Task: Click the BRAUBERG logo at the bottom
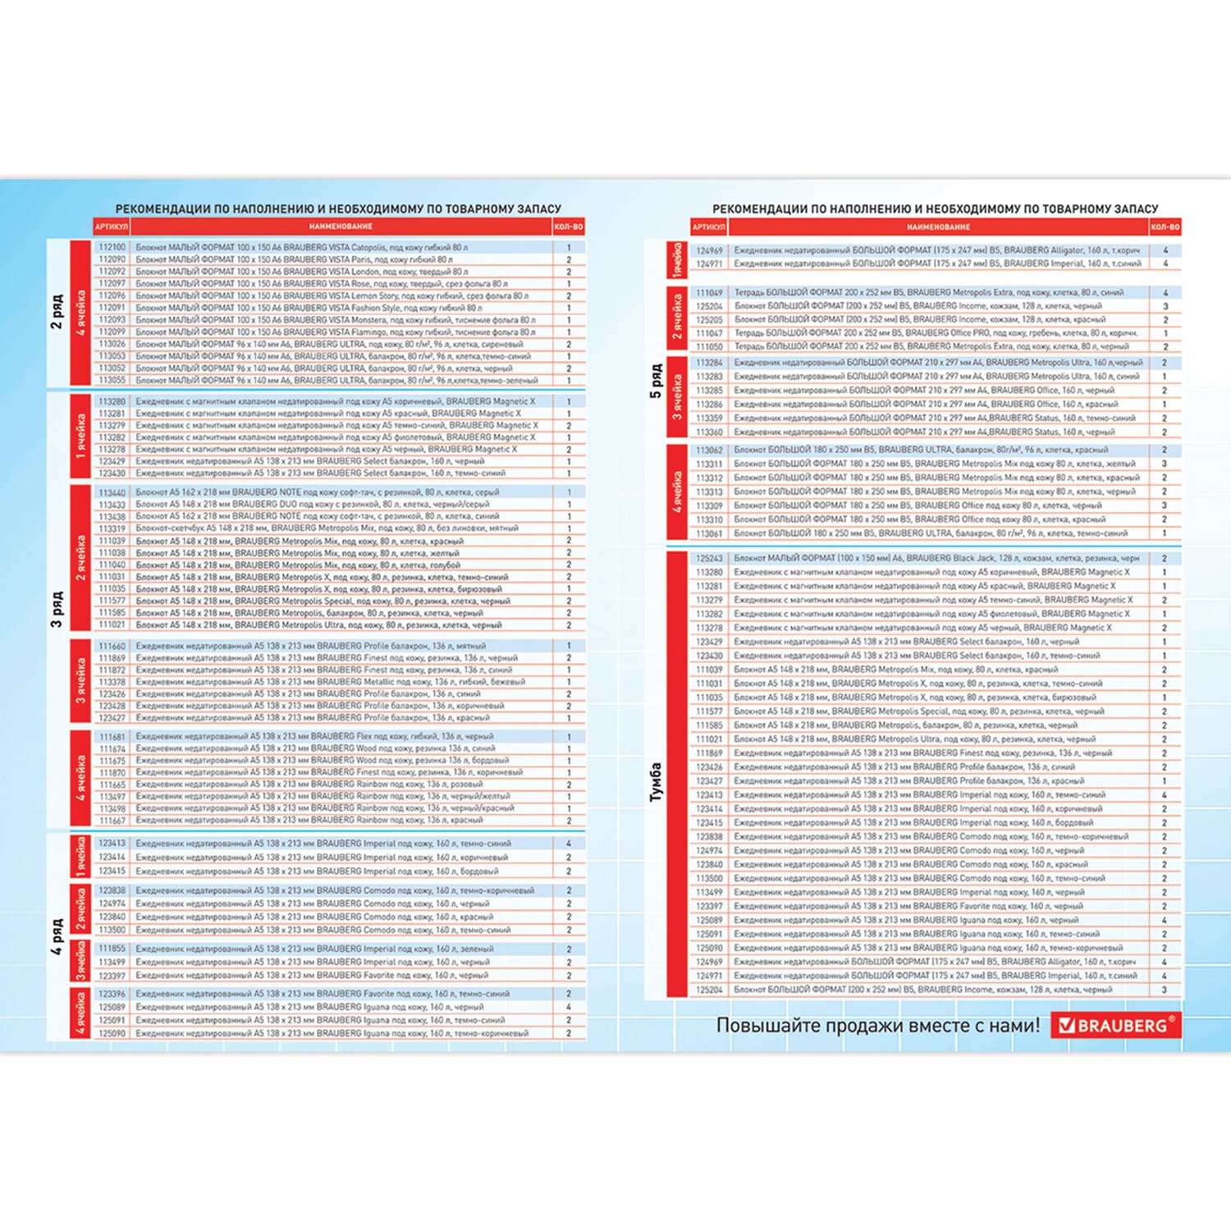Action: [1116, 1025]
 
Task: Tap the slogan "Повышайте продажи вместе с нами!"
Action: [877, 1025]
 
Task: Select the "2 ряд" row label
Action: [57, 313]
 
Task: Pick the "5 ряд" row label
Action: [655, 382]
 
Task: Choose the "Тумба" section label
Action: [655, 781]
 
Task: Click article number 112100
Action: [112, 247]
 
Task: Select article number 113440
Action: [112, 492]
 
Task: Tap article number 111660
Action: [112, 646]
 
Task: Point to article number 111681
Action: [112, 737]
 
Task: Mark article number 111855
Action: [112, 949]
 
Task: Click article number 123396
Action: [112, 994]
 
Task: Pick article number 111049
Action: [710, 292]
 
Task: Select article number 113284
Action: [710, 363]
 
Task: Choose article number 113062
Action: [710, 451]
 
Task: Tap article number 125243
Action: [710, 558]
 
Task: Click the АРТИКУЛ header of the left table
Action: [112, 227]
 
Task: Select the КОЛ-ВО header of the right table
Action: [1165, 227]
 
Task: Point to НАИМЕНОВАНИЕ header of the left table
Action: [341, 227]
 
